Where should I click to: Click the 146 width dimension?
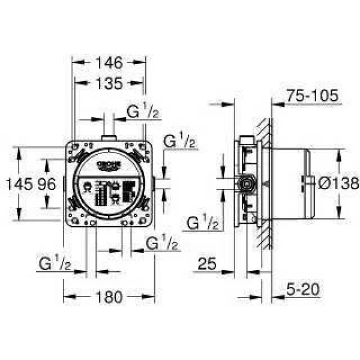pyautogui.click(x=109, y=62)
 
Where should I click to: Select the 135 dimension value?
pyautogui.click(x=109, y=84)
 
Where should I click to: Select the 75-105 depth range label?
pyautogui.click(x=312, y=95)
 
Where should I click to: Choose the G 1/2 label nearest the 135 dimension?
pyautogui.click(x=143, y=110)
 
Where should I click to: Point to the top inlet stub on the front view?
pyautogui.click(x=109, y=139)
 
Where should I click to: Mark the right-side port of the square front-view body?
pyautogui.click(x=155, y=183)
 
